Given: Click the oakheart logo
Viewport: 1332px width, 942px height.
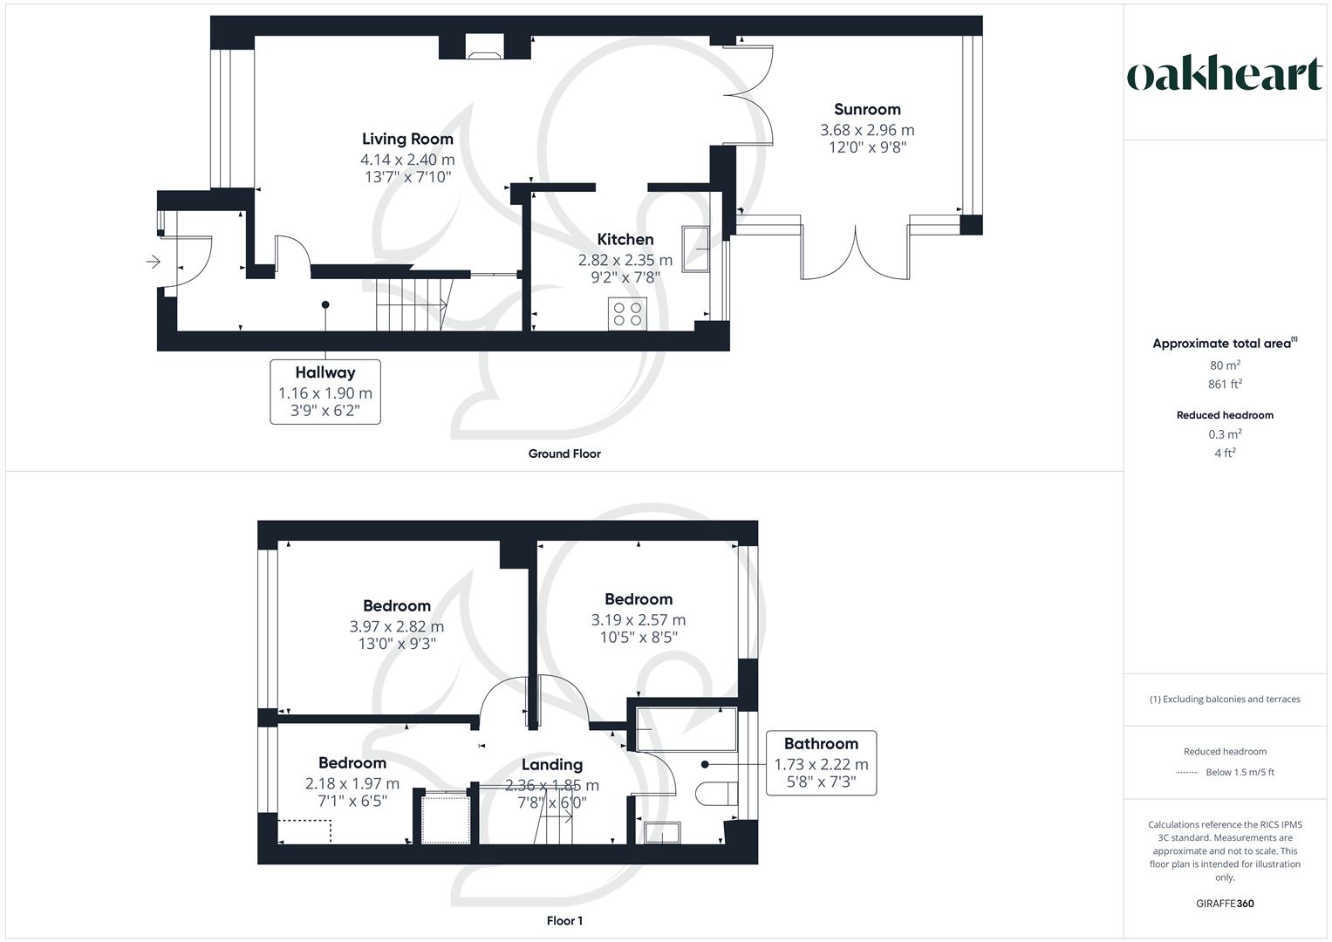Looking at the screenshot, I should [x=1225, y=75].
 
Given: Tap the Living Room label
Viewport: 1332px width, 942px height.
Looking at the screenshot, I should [x=407, y=139].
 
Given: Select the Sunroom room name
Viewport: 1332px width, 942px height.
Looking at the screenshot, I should [x=867, y=109].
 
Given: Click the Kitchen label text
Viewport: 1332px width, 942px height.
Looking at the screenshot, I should [x=625, y=239].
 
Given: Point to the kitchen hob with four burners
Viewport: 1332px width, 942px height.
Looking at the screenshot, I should [x=628, y=314].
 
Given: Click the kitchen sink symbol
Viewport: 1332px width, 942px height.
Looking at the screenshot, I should [x=696, y=249].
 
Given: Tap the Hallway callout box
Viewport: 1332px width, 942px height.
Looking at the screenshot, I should [x=325, y=392].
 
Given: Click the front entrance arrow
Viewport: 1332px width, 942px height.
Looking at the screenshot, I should [x=154, y=261].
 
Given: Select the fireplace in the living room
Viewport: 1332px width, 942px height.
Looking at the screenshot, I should [x=484, y=47].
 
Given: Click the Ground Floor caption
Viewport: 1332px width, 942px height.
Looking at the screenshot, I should [x=564, y=454].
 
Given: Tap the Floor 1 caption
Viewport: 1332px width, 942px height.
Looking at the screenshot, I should [x=564, y=921].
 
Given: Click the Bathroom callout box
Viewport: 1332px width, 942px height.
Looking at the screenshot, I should [x=821, y=762].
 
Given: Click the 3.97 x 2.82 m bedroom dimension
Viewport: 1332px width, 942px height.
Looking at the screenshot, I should [x=396, y=626].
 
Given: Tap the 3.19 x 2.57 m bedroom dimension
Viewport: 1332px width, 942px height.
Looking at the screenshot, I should [x=639, y=620].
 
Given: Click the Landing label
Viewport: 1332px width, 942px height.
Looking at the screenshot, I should [x=551, y=764].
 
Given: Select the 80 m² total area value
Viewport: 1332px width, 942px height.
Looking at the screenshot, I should [x=1225, y=365].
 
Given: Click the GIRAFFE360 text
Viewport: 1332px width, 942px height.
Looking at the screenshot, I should [x=1225, y=904].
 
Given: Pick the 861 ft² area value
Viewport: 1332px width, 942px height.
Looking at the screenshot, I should [x=1225, y=384].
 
